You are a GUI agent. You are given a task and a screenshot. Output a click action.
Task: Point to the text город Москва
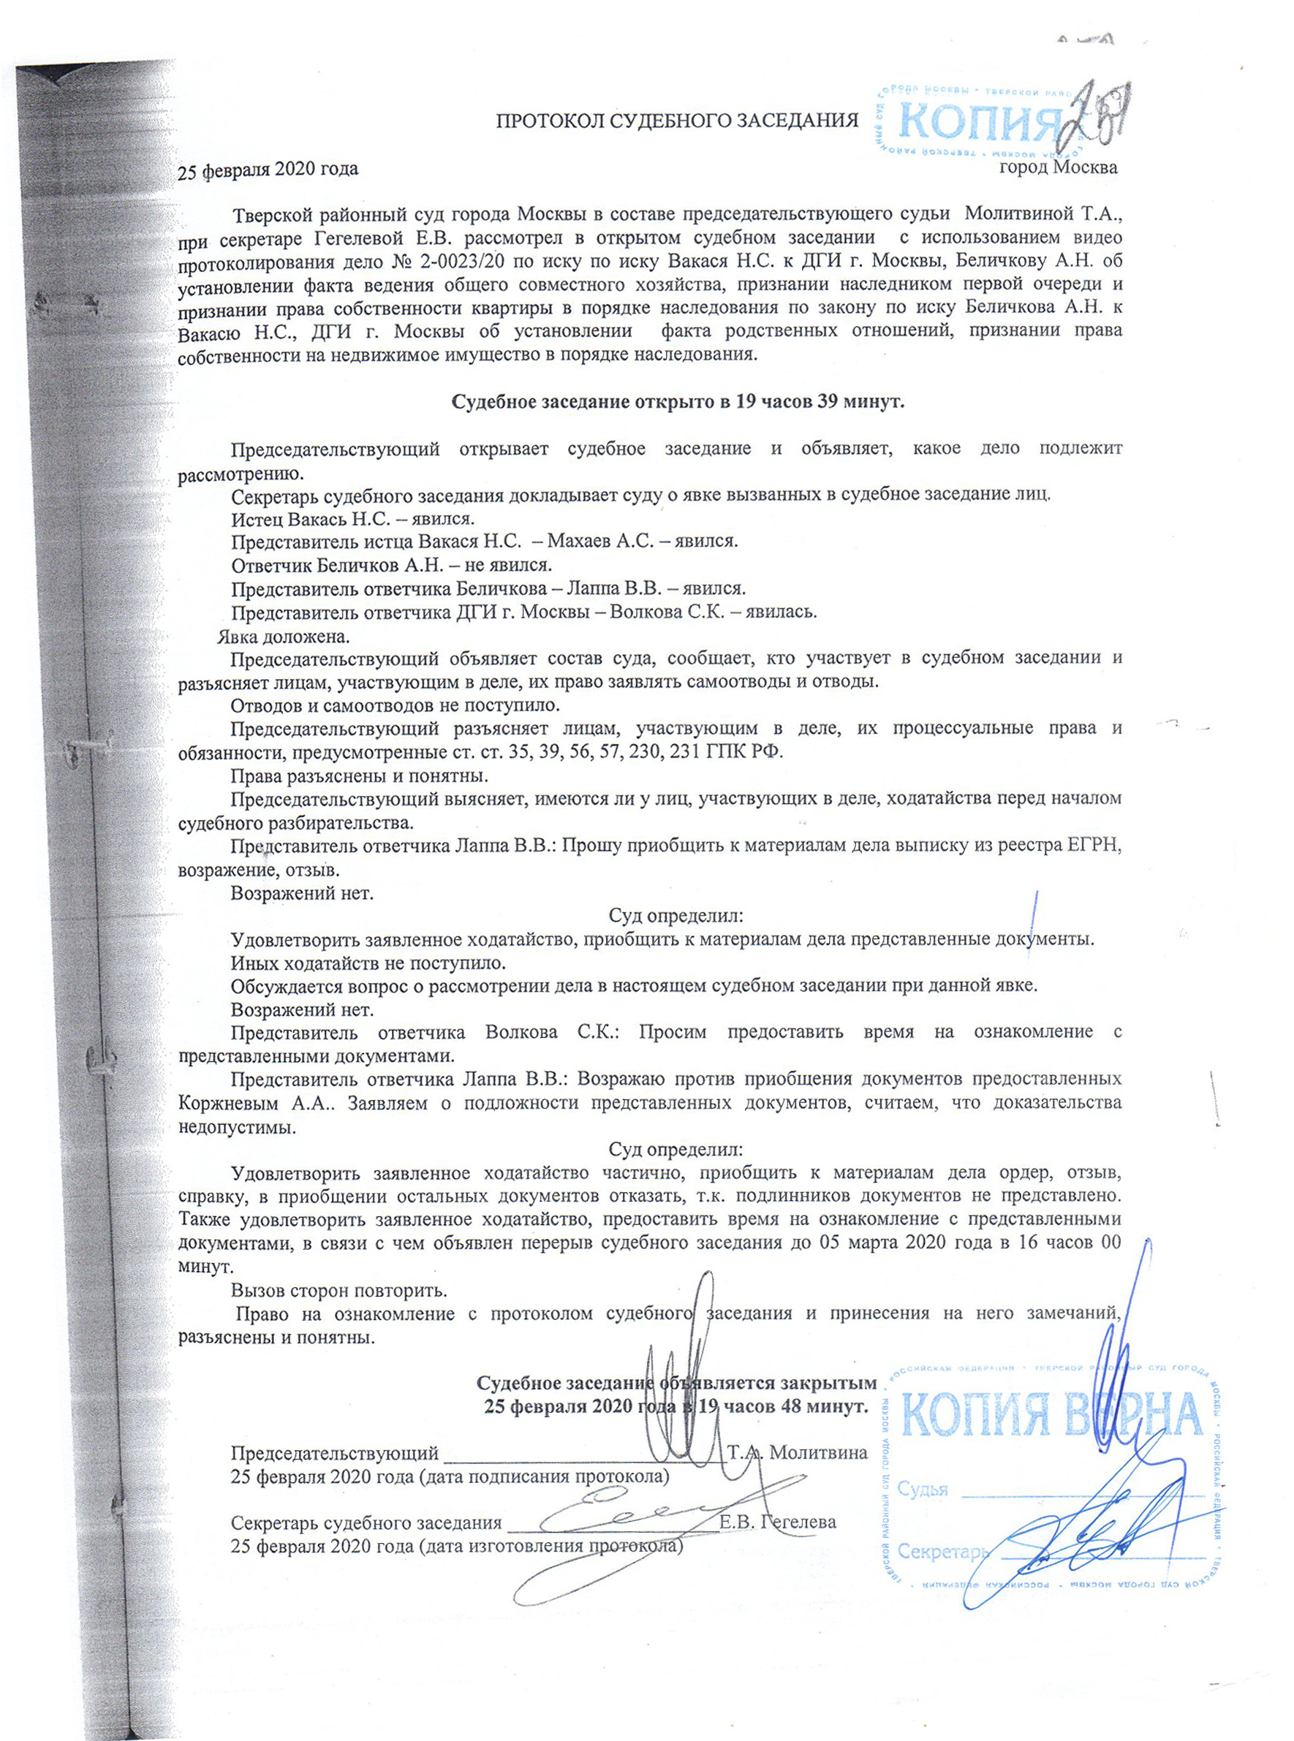coord(1059,167)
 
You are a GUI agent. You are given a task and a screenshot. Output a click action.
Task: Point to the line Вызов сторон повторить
coord(339,1291)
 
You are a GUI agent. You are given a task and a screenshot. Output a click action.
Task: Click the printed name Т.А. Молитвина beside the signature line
coord(798,1453)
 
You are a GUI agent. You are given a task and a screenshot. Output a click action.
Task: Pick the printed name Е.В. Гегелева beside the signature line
coord(777,1522)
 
